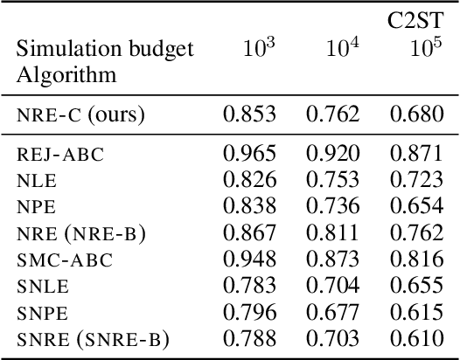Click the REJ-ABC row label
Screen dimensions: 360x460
(x=60, y=156)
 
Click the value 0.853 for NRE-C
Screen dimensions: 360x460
(x=249, y=114)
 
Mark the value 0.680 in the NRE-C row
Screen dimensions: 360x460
(x=414, y=114)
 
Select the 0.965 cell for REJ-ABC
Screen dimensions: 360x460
(x=249, y=156)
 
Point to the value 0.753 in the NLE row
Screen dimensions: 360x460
(x=331, y=182)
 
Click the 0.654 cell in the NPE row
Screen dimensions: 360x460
(x=414, y=208)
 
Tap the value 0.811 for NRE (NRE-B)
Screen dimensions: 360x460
(x=331, y=234)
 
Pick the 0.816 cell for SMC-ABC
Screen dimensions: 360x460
(x=414, y=260)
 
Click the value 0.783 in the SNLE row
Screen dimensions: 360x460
(x=249, y=287)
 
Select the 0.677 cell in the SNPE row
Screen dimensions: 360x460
(x=331, y=313)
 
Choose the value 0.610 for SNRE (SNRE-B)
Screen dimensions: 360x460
(x=414, y=339)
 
